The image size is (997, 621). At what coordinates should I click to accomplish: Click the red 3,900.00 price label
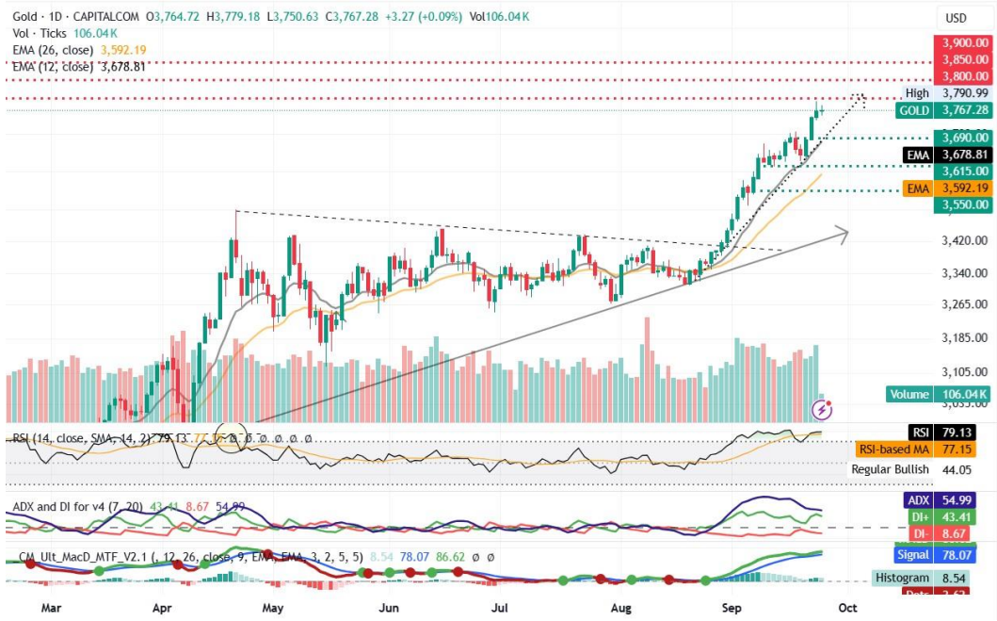[x=961, y=43]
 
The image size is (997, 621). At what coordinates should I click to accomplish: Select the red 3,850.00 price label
[x=961, y=60]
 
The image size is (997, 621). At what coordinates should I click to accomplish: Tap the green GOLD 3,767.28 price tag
[x=942, y=110]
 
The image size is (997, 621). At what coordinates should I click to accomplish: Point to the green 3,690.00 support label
[x=961, y=138]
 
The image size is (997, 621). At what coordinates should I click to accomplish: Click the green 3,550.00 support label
[x=961, y=204]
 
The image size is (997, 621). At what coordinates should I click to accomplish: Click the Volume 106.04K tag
[x=939, y=395]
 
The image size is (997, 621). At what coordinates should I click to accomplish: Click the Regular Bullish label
[x=890, y=469]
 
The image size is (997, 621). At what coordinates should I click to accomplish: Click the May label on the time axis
[x=273, y=608]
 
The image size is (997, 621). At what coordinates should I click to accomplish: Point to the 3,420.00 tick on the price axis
[x=961, y=240]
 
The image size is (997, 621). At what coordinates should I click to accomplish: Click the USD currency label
[x=957, y=18]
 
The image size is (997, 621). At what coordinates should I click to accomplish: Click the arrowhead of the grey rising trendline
[x=844, y=232]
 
